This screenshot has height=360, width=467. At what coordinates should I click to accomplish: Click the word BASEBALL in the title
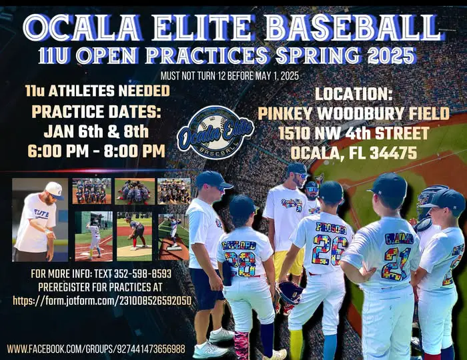tap(353, 28)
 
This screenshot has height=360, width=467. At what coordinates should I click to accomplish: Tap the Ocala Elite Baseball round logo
tap(215, 133)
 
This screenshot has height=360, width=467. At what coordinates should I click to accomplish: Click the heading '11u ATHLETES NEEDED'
tap(97, 91)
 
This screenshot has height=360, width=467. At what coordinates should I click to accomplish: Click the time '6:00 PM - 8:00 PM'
tap(96, 151)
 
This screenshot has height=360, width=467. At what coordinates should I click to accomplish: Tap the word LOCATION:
tap(354, 94)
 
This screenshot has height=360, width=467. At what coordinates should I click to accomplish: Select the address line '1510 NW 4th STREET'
tap(354, 133)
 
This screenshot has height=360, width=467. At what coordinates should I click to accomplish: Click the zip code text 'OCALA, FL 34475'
tap(354, 153)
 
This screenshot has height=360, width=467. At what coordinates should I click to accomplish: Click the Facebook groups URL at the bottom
tap(96, 348)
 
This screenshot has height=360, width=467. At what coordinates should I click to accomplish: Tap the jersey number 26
tap(330, 249)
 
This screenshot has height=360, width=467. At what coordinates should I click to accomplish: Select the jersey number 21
tap(396, 263)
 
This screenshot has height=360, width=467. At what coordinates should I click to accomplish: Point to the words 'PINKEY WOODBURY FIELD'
tap(354, 113)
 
